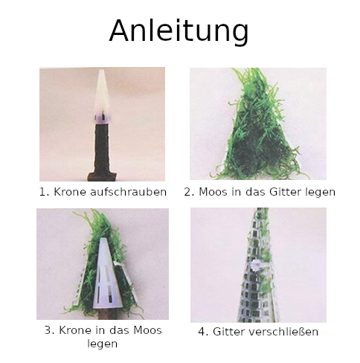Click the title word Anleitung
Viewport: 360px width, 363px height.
(179, 31)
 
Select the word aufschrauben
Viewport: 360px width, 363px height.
(128, 192)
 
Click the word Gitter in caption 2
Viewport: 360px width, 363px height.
(285, 192)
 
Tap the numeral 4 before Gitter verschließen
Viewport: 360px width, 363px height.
(202, 332)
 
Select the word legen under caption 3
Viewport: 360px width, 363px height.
(103, 344)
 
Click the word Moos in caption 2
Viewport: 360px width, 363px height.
(213, 192)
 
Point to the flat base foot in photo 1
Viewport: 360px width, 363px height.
(102, 176)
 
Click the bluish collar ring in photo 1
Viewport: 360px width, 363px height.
(102, 118)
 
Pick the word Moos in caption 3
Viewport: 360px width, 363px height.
(147, 330)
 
